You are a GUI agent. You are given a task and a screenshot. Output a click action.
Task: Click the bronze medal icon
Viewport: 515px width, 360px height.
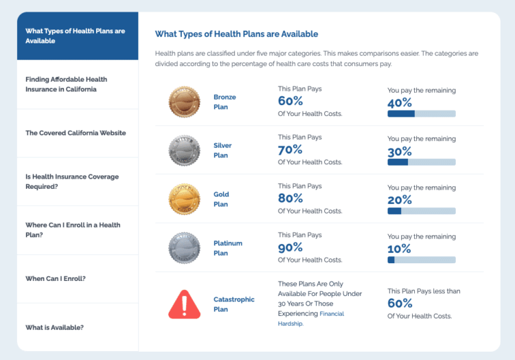(184, 102)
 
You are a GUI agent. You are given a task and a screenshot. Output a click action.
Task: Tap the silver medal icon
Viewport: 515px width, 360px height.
(184, 150)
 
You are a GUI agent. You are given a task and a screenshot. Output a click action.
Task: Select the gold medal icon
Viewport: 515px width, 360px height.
(184, 199)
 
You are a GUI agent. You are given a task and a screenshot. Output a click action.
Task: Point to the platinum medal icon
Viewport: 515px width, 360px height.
(184, 248)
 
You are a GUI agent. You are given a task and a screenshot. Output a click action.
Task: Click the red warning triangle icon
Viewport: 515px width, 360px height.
(184, 304)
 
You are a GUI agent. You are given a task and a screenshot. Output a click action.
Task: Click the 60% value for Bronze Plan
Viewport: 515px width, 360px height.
(291, 101)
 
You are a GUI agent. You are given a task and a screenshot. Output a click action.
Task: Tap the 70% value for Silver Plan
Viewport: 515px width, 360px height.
(291, 150)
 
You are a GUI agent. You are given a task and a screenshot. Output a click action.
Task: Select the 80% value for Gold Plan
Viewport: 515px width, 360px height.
(291, 199)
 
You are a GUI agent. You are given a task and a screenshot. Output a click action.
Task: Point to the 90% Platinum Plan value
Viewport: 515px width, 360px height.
(291, 247)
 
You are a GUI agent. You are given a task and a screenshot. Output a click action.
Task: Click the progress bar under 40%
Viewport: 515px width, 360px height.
(421, 113)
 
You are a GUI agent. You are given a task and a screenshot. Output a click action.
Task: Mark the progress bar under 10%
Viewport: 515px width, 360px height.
(421, 260)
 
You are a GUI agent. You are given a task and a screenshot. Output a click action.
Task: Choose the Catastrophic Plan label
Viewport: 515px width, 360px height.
(233, 304)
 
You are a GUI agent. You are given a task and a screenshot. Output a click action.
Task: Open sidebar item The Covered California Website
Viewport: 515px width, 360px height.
(76, 133)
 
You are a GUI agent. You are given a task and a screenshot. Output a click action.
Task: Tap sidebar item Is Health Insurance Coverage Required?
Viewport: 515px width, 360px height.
(72, 181)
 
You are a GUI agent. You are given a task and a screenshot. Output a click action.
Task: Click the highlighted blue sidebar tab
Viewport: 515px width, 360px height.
(77, 36)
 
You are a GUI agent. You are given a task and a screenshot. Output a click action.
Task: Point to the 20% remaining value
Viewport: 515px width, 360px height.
(400, 200)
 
